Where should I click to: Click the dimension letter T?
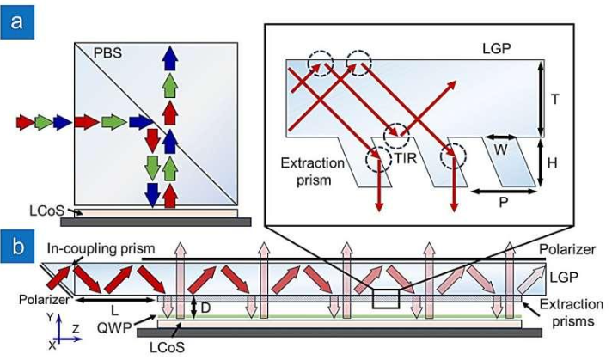click(554, 99)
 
